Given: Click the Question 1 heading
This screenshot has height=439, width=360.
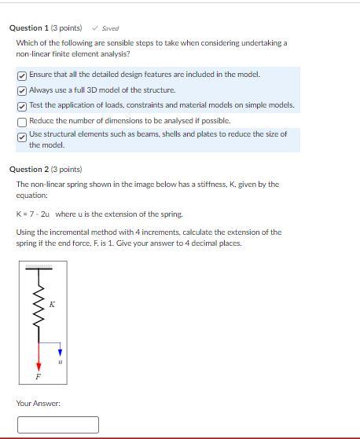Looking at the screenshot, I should (x=45, y=28).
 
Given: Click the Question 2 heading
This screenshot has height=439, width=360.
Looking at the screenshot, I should (x=45, y=169).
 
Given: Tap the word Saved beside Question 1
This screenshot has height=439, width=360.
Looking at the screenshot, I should (x=110, y=28).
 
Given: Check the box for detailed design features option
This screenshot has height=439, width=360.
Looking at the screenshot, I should (x=22, y=75).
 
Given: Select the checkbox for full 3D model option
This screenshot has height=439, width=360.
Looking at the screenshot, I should (x=22, y=90).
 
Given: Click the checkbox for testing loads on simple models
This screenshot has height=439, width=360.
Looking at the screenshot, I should (x=22, y=105).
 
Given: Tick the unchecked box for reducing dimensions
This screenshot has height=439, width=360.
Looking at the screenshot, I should (x=22, y=121).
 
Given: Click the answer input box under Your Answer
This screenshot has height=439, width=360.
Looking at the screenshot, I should (x=58, y=425).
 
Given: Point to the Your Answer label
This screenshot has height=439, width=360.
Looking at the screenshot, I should (x=39, y=404).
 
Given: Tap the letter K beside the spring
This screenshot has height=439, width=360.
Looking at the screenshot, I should (x=52, y=304).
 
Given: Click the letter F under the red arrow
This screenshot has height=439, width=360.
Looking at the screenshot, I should (x=38, y=377).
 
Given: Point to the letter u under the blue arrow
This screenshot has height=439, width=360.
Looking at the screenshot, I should (x=61, y=362).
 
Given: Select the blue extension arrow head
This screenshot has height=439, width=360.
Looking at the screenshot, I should (x=61, y=353).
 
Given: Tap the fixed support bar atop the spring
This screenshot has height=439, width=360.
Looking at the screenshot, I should (x=39, y=268).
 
